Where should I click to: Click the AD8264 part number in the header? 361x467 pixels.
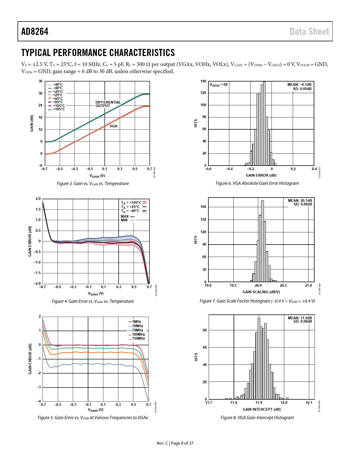(x=35, y=31)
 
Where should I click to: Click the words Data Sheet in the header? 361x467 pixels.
(x=309, y=31)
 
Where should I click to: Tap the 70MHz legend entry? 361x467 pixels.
(x=137, y=330)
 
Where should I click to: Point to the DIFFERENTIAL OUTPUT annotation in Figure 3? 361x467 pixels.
(x=108, y=104)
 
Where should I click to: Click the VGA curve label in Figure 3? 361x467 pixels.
(x=113, y=126)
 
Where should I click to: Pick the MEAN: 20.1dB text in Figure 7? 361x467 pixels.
(x=300, y=200)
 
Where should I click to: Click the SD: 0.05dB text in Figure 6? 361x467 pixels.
(x=302, y=89)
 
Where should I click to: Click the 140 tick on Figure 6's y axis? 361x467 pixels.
(x=203, y=81)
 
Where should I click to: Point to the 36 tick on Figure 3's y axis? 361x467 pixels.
(x=40, y=81)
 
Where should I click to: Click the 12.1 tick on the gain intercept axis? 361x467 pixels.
(x=309, y=403)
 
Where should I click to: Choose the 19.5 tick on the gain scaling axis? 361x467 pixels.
(x=233, y=286)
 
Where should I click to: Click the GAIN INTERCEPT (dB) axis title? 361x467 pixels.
(x=261, y=409)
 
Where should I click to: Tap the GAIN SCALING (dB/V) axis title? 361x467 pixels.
(x=261, y=292)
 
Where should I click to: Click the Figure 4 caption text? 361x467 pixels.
(x=93, y=301)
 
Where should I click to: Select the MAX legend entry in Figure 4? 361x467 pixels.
(x=128, y=217)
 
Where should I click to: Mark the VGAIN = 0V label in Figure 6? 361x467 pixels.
(x=219, y=85)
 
